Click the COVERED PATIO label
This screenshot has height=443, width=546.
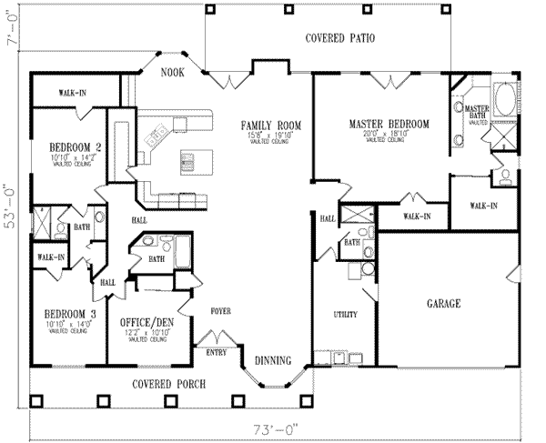[x=340, y=38]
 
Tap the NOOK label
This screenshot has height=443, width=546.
[x=175, y=72]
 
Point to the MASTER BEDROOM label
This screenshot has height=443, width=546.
[x=383, y=124]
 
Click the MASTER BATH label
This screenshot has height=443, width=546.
[x=478, y=112]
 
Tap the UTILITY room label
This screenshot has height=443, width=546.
[x=345, y=314]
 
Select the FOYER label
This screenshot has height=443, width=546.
[x=221, y=311]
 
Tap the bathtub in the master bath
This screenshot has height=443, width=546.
[x=502, y=96]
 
